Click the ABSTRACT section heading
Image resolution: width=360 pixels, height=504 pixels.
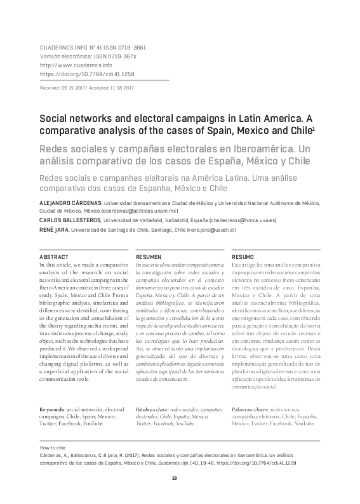[x=53, y=256]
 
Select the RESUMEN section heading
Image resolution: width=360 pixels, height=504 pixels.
[x=149, y=256]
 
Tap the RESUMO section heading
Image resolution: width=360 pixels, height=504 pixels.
[x=243, y=256]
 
